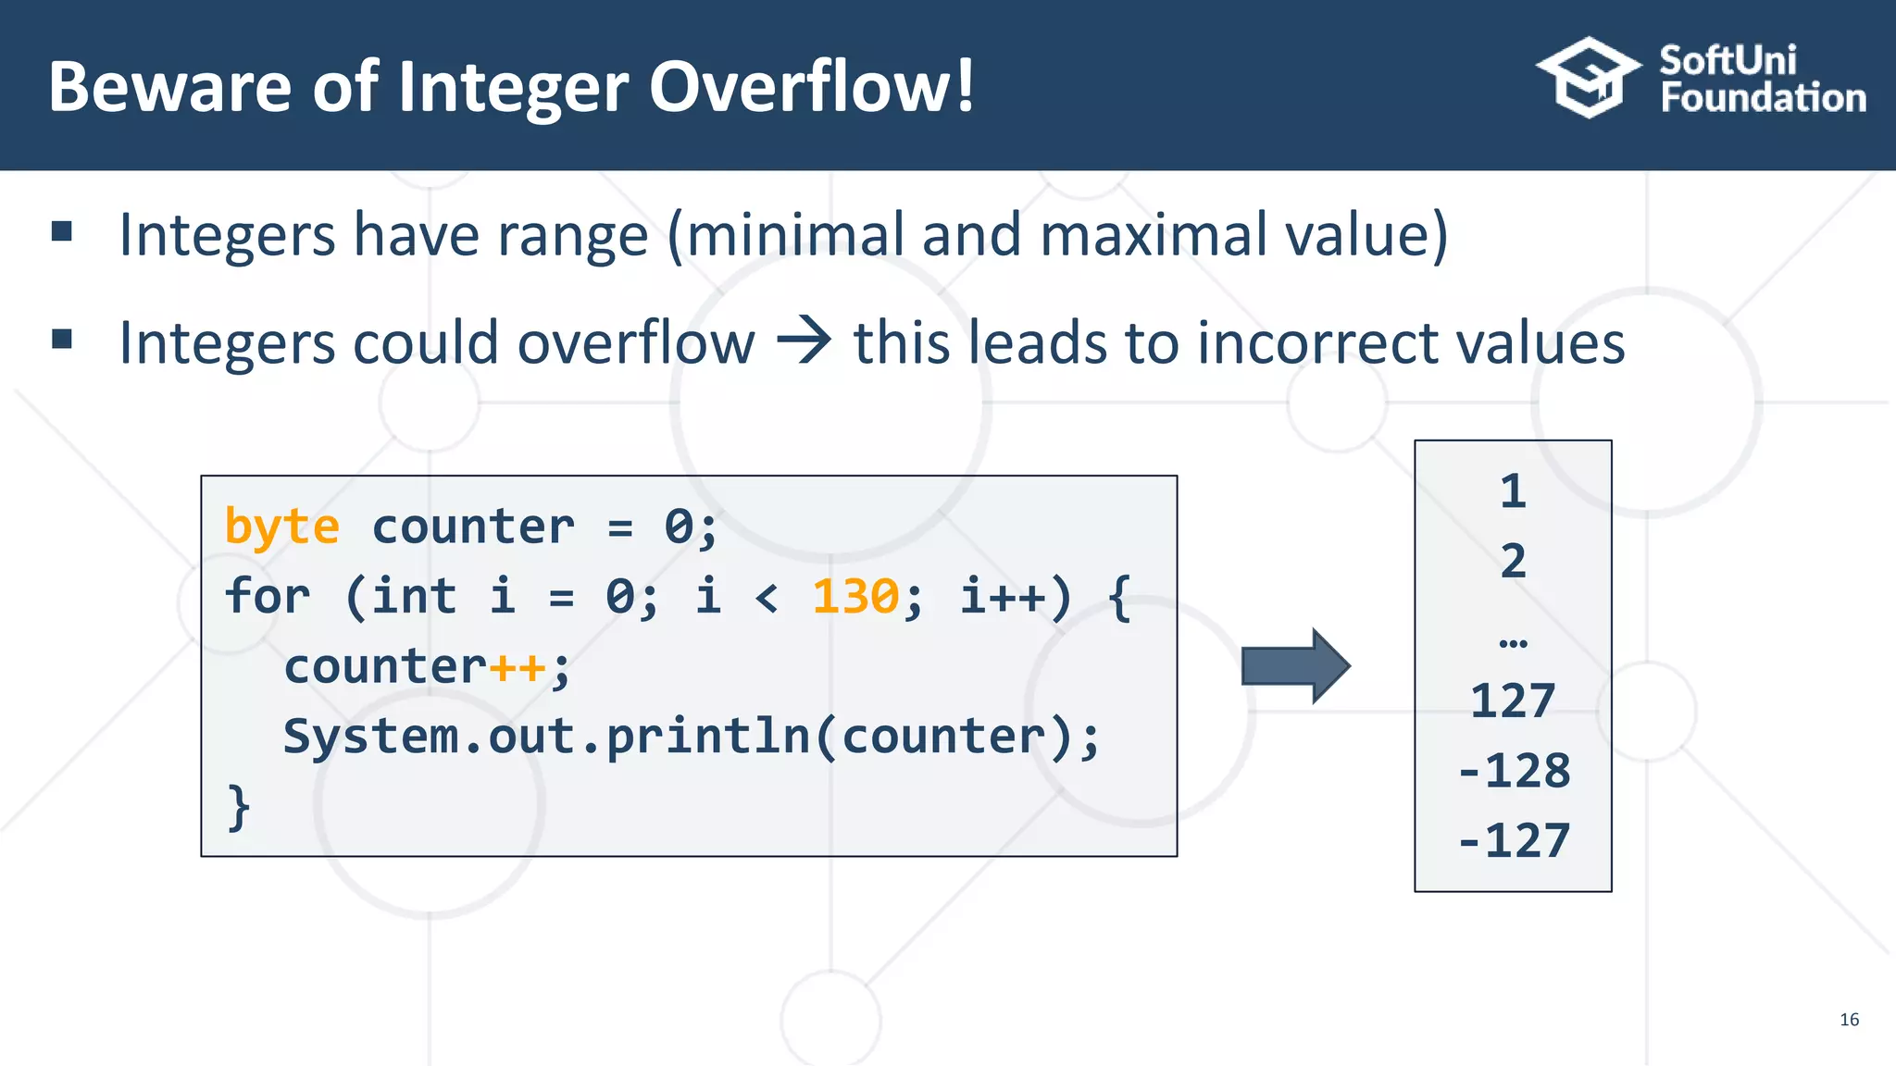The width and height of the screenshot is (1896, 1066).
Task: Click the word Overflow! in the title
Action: click(x=811, y=86)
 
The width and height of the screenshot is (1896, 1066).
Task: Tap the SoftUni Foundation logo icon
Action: click(x=1588, y=78)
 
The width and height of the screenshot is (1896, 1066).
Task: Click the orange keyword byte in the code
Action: click(x=281, y=527)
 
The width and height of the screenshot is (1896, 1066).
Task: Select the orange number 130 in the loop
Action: click(x=854, y=597)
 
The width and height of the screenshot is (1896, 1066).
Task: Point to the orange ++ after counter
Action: click(x=518, y=667)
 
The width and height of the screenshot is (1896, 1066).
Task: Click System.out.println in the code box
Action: click(x=545, y=737)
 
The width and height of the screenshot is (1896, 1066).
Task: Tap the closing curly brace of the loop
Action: click(x=238, y=807)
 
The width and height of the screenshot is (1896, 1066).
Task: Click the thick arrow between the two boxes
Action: click(x=1294, y=666)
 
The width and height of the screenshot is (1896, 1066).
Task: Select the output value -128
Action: click(x=1514, y=771)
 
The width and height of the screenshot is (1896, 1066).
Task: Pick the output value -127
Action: click(x=1514, y=841)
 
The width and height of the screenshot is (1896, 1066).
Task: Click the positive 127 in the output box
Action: click(x=1513, y=700)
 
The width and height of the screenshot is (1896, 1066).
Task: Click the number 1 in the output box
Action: click(x=1513, y=491)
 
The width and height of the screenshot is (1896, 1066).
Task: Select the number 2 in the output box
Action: click(x=1513, y=562)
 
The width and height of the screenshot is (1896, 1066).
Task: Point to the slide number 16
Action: click(x=1849, y=1019)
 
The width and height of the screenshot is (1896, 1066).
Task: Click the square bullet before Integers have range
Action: click(x=62, y=230)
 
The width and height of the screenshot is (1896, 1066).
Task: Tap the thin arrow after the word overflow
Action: click(x=804, y=341)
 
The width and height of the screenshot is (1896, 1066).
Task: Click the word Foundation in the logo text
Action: click(x=1763, y=98)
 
